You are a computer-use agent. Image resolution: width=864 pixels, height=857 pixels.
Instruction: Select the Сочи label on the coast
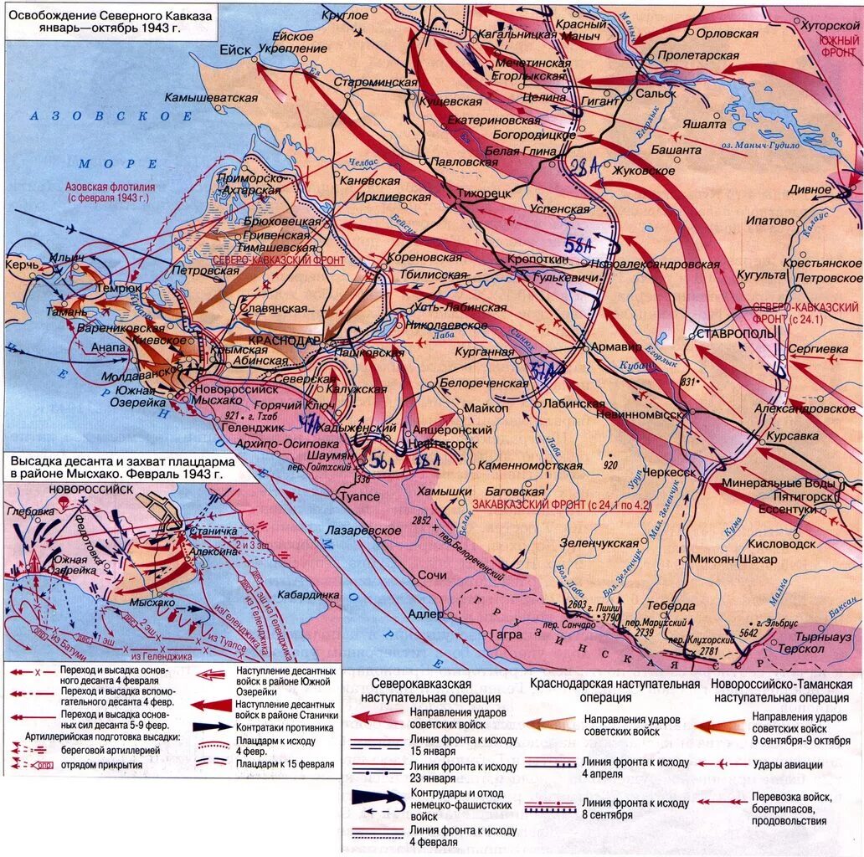[x=432, y=576]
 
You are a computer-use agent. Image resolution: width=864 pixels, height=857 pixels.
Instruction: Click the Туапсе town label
[x=359, y=496]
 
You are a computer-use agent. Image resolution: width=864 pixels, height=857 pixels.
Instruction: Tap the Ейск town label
[x=235, y=50]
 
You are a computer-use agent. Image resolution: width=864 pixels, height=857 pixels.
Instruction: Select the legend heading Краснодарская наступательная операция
[x=614, y=690]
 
